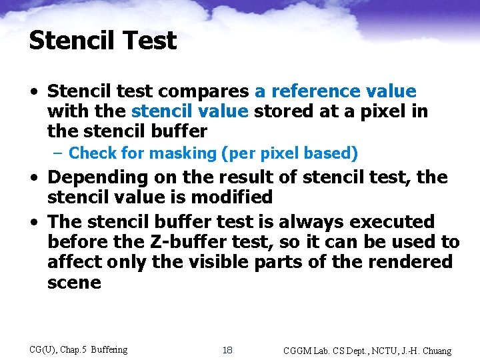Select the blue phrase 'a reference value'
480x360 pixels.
coord(335,91)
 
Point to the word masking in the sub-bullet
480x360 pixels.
coord(182,153)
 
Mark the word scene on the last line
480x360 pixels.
coord(74,282)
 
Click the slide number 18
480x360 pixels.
coord(227,350)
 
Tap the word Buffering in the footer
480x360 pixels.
coord(109,349)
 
